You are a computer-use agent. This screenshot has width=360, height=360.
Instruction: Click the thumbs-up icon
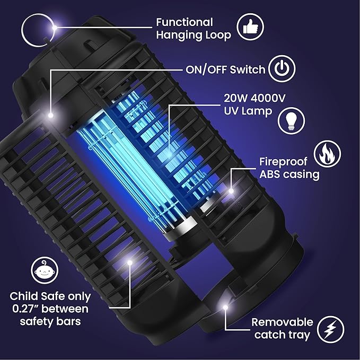point(247,27)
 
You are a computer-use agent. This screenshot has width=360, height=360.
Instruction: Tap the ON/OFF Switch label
point(225,69)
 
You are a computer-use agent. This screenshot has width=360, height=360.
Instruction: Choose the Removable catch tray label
point(282,328)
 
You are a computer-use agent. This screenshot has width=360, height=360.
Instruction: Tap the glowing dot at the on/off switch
point(51,115)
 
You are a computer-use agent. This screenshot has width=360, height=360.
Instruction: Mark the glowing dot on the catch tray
point(226,308)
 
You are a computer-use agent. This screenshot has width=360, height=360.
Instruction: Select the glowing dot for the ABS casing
point(231,188)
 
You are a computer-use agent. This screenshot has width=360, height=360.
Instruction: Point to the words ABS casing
point(289,175)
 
